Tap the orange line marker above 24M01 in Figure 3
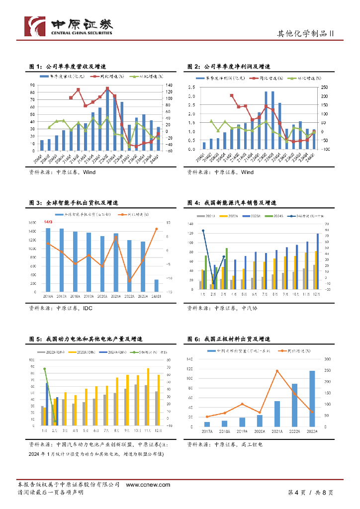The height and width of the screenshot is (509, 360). (156, 229)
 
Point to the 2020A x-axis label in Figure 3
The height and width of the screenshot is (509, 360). (102, 296)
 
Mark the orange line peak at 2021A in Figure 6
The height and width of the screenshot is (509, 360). (277, 371)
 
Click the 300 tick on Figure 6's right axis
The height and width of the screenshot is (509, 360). (327, 359)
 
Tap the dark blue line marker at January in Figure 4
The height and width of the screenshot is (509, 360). (203, 231)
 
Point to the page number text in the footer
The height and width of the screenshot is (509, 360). (310, 493)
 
